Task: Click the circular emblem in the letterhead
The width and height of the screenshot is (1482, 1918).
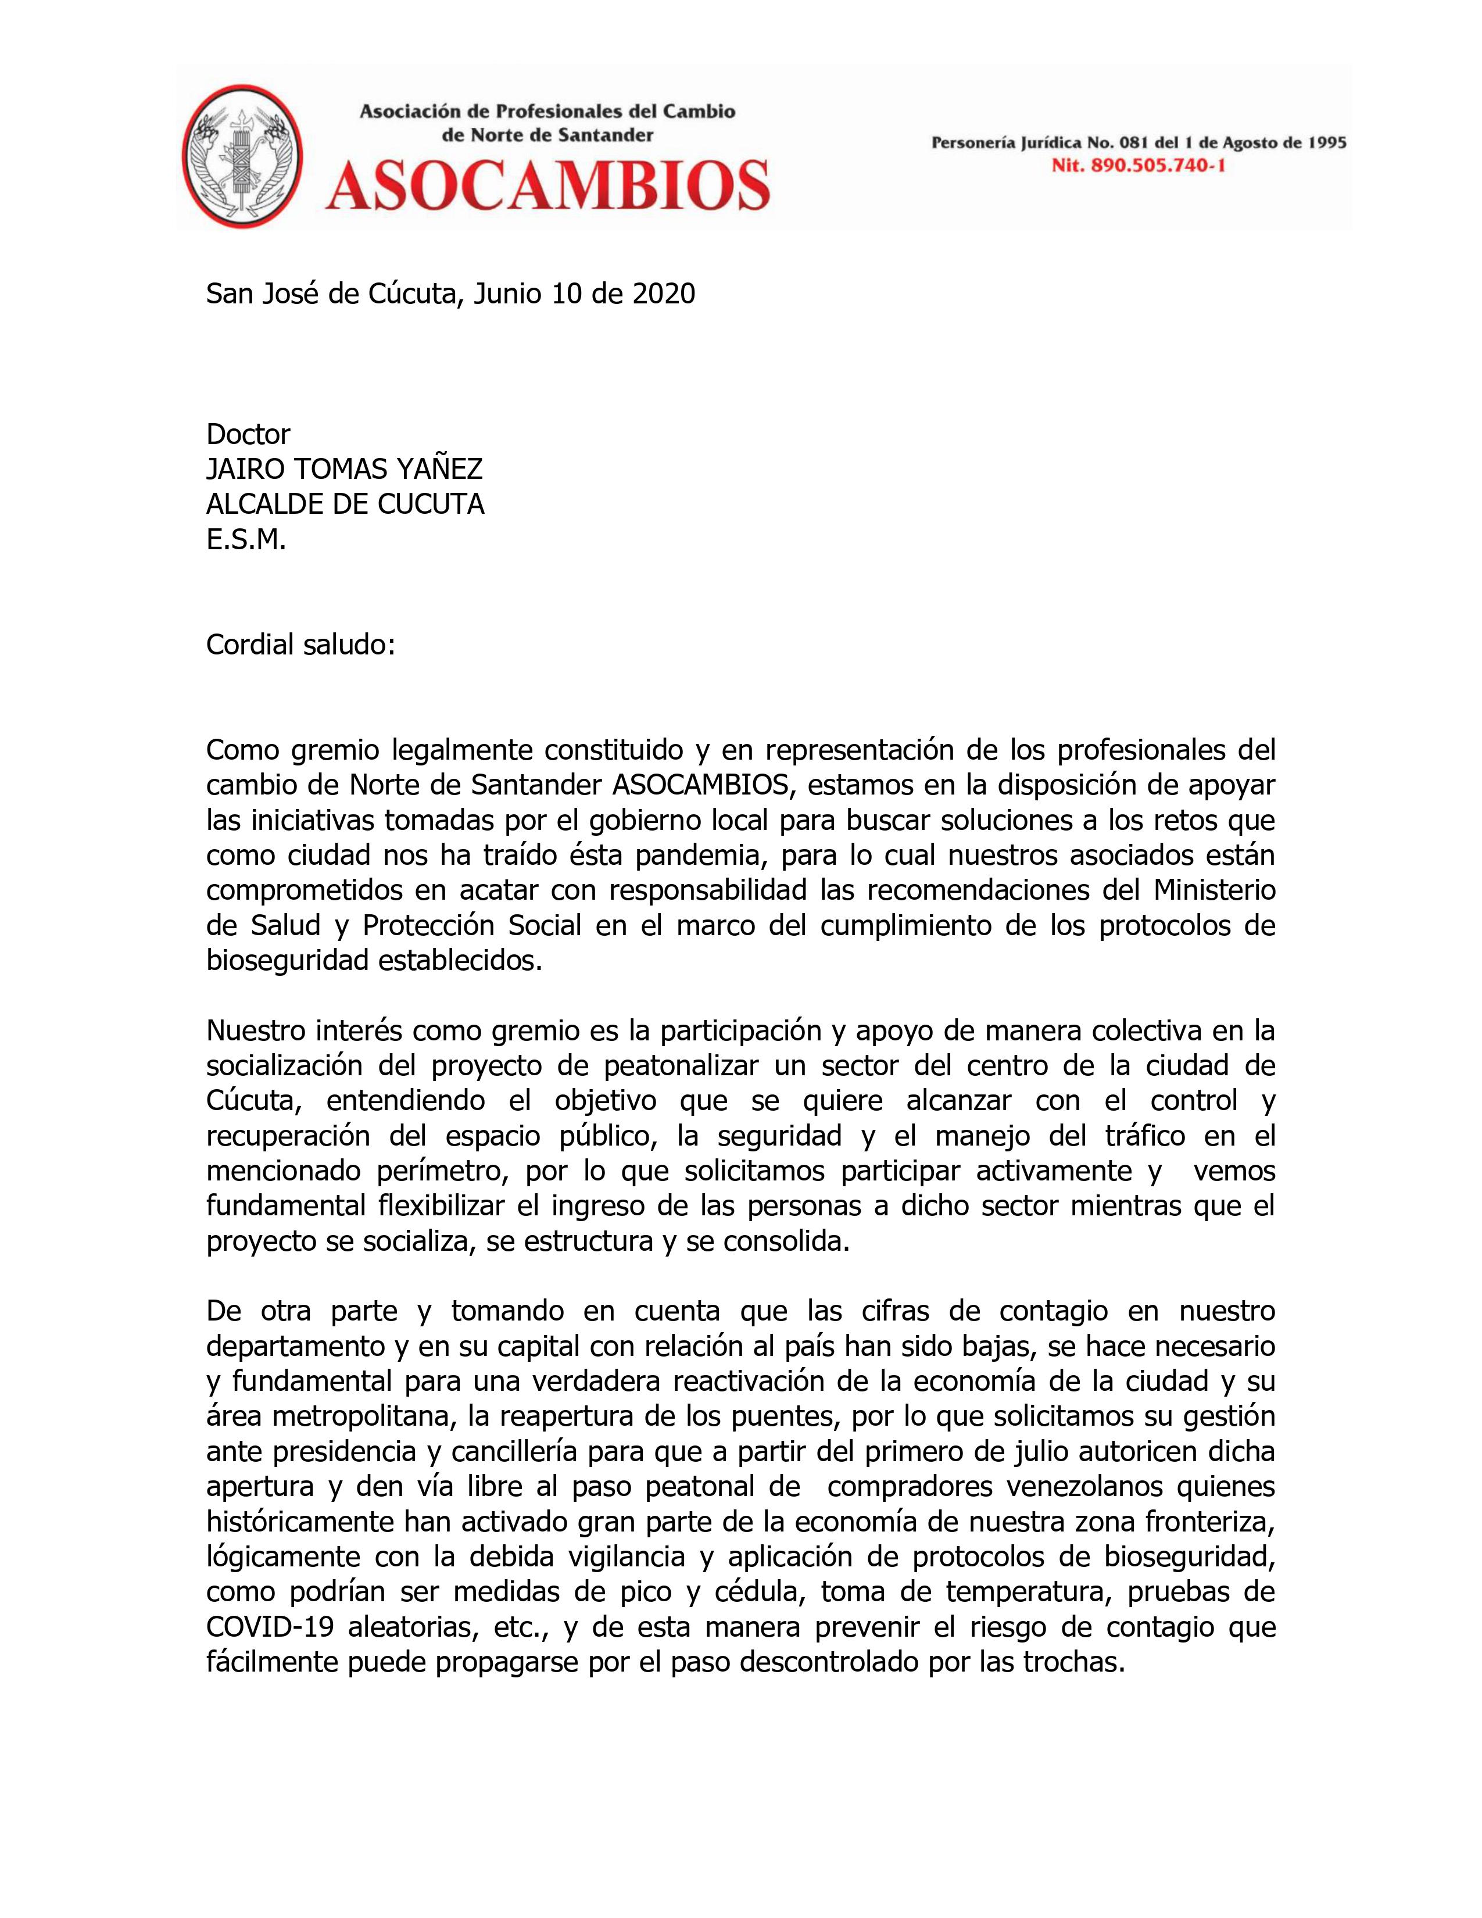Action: click(x=242, y=157)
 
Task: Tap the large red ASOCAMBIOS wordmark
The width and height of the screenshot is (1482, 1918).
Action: click(x=548, y=184)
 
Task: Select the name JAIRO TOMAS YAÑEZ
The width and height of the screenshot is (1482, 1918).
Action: click(x=344, y=469)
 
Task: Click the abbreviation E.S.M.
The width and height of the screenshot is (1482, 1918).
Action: click(x=246, y=539)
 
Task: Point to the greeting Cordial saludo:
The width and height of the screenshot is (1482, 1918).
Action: click(x=300, y=645)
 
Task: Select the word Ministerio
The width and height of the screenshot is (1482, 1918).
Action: click(x=1214, y=890)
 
